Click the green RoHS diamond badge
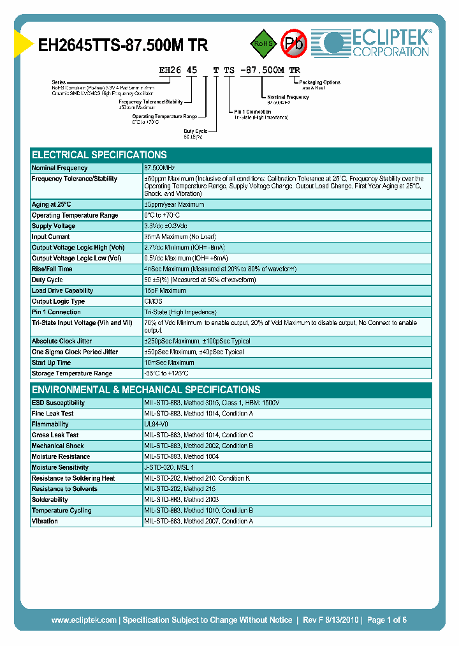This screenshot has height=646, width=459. coord(263,43)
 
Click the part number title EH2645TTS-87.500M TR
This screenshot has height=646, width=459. coord(123,45)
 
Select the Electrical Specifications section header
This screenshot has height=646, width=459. coord(99,155)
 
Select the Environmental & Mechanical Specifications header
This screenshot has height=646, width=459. coord(146,389)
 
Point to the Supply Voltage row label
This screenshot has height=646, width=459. coord(54,226)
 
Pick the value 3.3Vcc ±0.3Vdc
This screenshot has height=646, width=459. coord(166,226)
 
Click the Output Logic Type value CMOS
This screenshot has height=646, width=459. coord(154,301)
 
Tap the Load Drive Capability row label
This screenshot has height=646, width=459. coord(62,290)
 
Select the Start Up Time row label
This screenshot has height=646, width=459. coord(52,363)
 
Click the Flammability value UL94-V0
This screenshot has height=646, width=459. coord(157,424)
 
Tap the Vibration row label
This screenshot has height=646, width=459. coord(45,521)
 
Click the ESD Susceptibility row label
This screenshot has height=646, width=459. coord(58,403)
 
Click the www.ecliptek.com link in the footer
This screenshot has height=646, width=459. coord(84,620)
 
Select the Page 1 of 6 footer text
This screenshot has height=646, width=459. coord(386,620)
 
